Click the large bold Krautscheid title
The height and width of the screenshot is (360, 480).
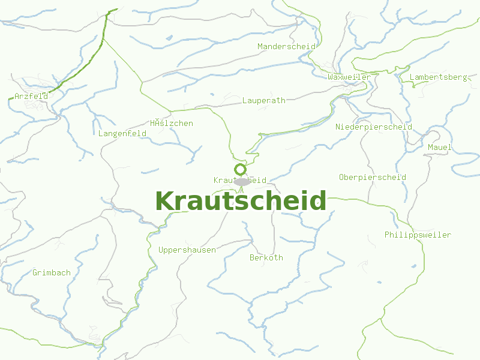click(x=241, y=201)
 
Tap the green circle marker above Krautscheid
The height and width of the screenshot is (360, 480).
click(x=241, y=169)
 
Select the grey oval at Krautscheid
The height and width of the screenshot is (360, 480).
click(x=242, y=181)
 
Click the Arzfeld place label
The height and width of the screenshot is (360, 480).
click(x=31, y=96)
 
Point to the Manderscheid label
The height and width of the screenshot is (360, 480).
click(x=286, y=46)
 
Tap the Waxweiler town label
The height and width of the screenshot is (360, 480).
click(x=349, y=77)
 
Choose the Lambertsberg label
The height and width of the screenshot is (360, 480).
click(x=438, y=77)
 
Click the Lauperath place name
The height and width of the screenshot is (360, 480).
click(x=264, y=101)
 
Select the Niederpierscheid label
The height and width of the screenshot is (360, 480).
click(x=373, y=127)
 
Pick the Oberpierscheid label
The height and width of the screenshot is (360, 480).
click(x=373, y=178)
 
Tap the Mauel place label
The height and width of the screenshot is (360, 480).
click(x=440, y=148)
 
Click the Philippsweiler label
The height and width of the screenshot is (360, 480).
click(x=418, y=235)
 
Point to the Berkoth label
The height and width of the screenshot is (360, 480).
click(x=266, y=258)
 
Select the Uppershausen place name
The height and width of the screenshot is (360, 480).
click(x=187, y=250)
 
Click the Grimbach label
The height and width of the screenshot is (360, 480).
click(x=52, y=273)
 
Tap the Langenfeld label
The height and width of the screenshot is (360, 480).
click(x=122, y=134)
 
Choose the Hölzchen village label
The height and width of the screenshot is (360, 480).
click(x=172, y=124)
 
